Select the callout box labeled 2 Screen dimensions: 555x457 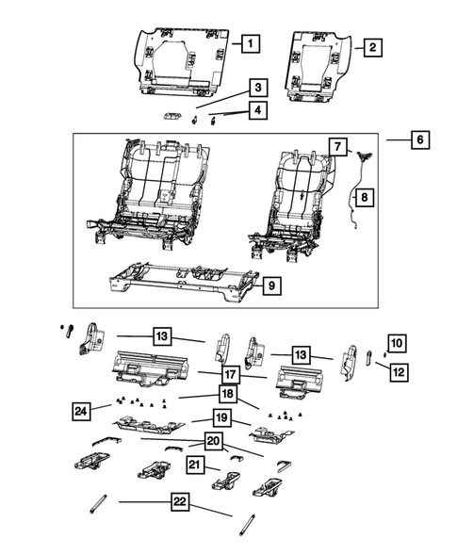tap(372, 46)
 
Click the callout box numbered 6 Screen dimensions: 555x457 tap(421, 140)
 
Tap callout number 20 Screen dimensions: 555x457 tap(216, 441)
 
